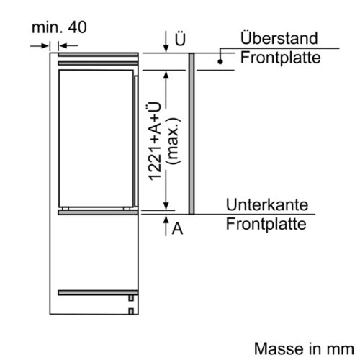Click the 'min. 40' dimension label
pyautogui.click(x=59, y=27)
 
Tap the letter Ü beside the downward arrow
pyautogui.click(x=180, y=39)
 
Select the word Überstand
pyautogui.click(x=279, y=38)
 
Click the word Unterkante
pyautogui.click(x=267, y=204)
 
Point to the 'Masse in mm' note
pyautogui.click(x=304, y=348)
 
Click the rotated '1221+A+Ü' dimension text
pyautogui.click(x=155, y=141)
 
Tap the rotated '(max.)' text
pyautogui.click(x=174, y=141)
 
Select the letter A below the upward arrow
pyautogui.click(x=177, y=228)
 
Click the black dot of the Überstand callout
pyautogui.click(x=220, y=61)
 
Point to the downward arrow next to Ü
pyautogui.click(x=166, y=41)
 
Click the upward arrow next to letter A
pyautogui.click(x=166, y=225)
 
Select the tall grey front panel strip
pyautogui.click(x=192, y=134)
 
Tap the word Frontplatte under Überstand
pyautogui.click(x=281, y=58)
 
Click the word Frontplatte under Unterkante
pyautogui.click(x=266, y=224)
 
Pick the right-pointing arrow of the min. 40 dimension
pyautogui.click(x=40, y=45)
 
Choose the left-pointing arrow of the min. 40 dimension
pyautogui.click(x=68, y=45)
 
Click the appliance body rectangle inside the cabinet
pyautogui.click(x=96, y=138)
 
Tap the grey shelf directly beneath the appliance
pyautogui.click(x=98, y=212)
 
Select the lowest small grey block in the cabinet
pyautogui.click(x=131, y=311)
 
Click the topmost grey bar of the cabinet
pyautogui.click(x=98, y=55)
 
